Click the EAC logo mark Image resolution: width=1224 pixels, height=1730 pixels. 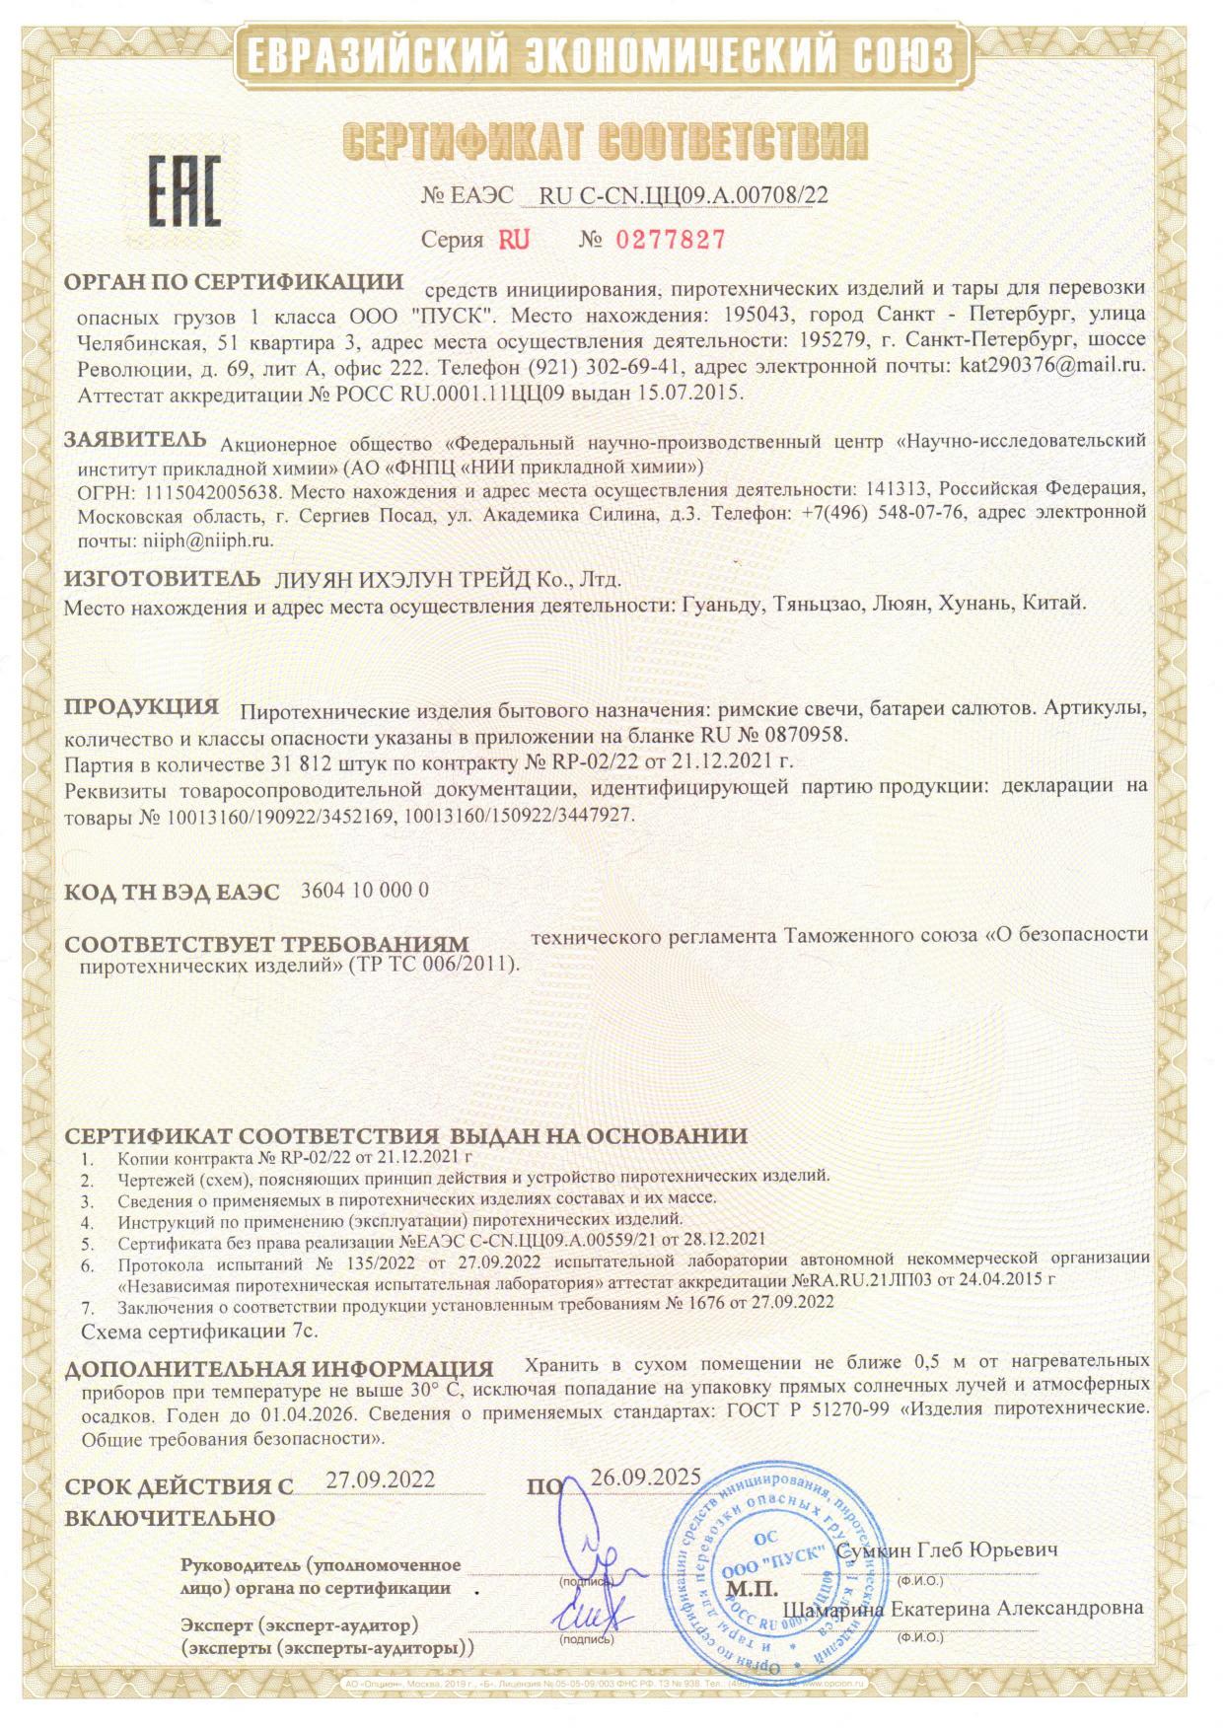tap(184, 191)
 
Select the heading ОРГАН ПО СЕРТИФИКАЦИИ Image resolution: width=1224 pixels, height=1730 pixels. tap(234, 282)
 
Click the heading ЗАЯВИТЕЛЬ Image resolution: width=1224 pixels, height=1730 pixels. tap(135, 439)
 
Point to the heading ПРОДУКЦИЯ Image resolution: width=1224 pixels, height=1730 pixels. tap(141, 707)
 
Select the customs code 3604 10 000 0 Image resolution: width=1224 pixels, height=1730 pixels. tap(363, 890)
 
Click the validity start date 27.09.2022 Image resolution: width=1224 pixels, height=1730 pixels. tap(380, 1480)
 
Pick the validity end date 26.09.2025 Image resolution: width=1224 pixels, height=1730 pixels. tap(645, 1477)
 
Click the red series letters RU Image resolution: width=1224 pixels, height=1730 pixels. tap(514, 240)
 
